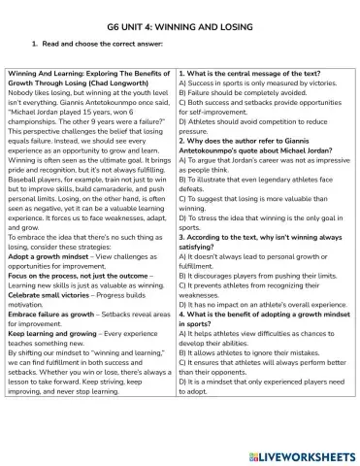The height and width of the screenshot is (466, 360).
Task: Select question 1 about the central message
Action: [x=251, y=74]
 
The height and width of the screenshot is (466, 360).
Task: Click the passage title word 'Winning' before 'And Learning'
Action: [x=23, y=74]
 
